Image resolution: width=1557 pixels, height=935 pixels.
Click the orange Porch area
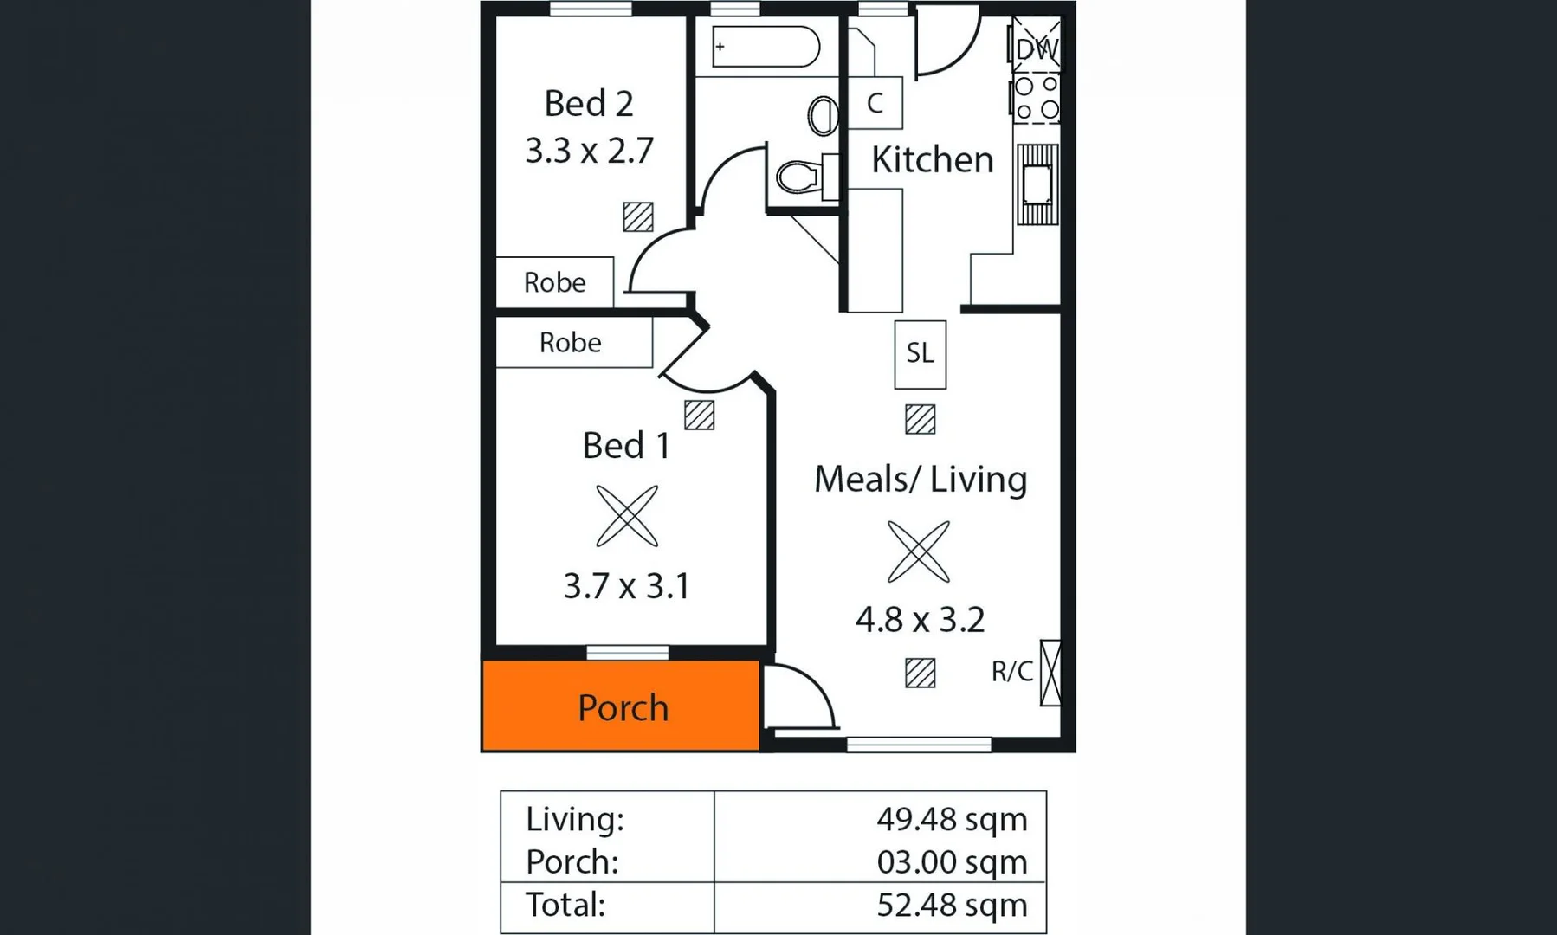[x=621, y=706]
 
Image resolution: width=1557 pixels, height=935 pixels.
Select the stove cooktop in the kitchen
[x=1037, y=98]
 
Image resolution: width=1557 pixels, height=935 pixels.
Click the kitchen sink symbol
[x=1037, y=184]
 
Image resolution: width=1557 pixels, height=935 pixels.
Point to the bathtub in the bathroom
[x=766, y=47]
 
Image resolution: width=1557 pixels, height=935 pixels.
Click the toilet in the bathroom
[x=800, y=177]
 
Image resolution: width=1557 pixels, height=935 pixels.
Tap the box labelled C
[x=875, y=103]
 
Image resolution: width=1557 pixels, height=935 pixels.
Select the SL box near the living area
[x=920, y=354]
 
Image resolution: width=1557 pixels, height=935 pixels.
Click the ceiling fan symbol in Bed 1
[x=627, y=516]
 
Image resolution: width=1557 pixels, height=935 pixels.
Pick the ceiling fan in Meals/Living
[x=919, y=551]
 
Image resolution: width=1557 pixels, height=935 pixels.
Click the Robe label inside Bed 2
[x=554, y=282]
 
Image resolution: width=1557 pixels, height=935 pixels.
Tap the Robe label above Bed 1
[x=570, y=343]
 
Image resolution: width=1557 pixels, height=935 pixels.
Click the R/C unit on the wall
[x=1050, y=672]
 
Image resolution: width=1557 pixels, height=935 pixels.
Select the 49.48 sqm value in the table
[x=951, y=819]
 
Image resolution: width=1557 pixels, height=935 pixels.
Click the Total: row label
[x=565, y=905]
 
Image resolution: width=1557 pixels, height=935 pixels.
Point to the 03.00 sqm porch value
[x=951, y=862]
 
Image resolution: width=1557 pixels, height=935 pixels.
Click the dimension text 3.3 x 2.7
[x=589, y=151]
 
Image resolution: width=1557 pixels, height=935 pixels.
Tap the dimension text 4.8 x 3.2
[x=920, y=620]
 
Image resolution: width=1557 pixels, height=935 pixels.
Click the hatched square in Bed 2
[x=638, y=216]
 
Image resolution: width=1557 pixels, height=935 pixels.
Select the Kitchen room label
[x=932, y=160]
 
